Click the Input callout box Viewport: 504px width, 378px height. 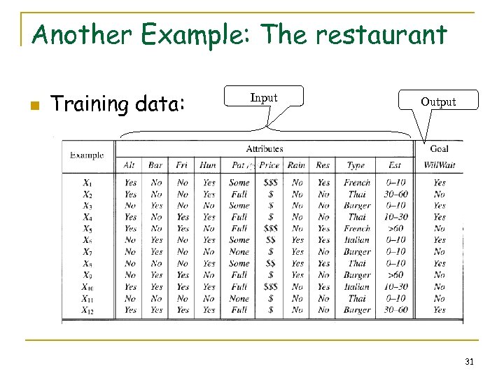coord(264,99)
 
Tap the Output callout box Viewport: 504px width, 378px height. coord(438,102)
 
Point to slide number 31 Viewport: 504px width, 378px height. coord(469,361)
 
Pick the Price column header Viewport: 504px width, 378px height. coord(269,165)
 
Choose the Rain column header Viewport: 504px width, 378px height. coord(297,165)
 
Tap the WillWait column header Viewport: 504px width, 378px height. coord(439,165)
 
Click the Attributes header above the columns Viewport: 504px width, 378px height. coord(265,148)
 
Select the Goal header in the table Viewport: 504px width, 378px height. coord(439,148)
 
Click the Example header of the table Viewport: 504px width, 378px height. coord(87,155)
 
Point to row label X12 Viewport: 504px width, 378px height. coord(87,309)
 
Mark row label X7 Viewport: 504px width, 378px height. coord(87,252)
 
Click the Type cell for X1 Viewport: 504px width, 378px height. coord(357,183)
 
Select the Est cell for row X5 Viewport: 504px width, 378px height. coord(395,229)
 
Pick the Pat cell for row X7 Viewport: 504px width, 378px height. coord(239,252)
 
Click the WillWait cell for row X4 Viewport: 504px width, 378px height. coord(439,217)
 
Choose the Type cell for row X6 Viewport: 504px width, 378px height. coord(357,240)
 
